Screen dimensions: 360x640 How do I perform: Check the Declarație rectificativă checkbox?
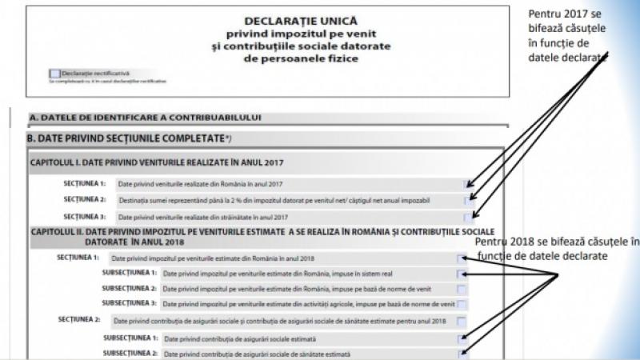click(54, 73)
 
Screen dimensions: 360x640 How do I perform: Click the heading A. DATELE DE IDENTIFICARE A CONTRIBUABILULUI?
click(145, 117)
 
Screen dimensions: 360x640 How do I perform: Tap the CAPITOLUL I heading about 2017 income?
click(157, 162)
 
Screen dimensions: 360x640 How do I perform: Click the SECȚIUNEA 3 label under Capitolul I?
click(84, 217)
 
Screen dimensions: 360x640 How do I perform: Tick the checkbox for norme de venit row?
click(462, 289)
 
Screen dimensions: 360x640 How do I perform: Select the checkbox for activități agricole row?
click(462, 304)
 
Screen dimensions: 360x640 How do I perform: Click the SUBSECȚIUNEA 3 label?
click(130, 304)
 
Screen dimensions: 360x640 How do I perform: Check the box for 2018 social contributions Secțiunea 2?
click(462, 322)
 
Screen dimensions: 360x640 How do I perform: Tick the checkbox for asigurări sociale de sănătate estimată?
click(462, 353)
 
